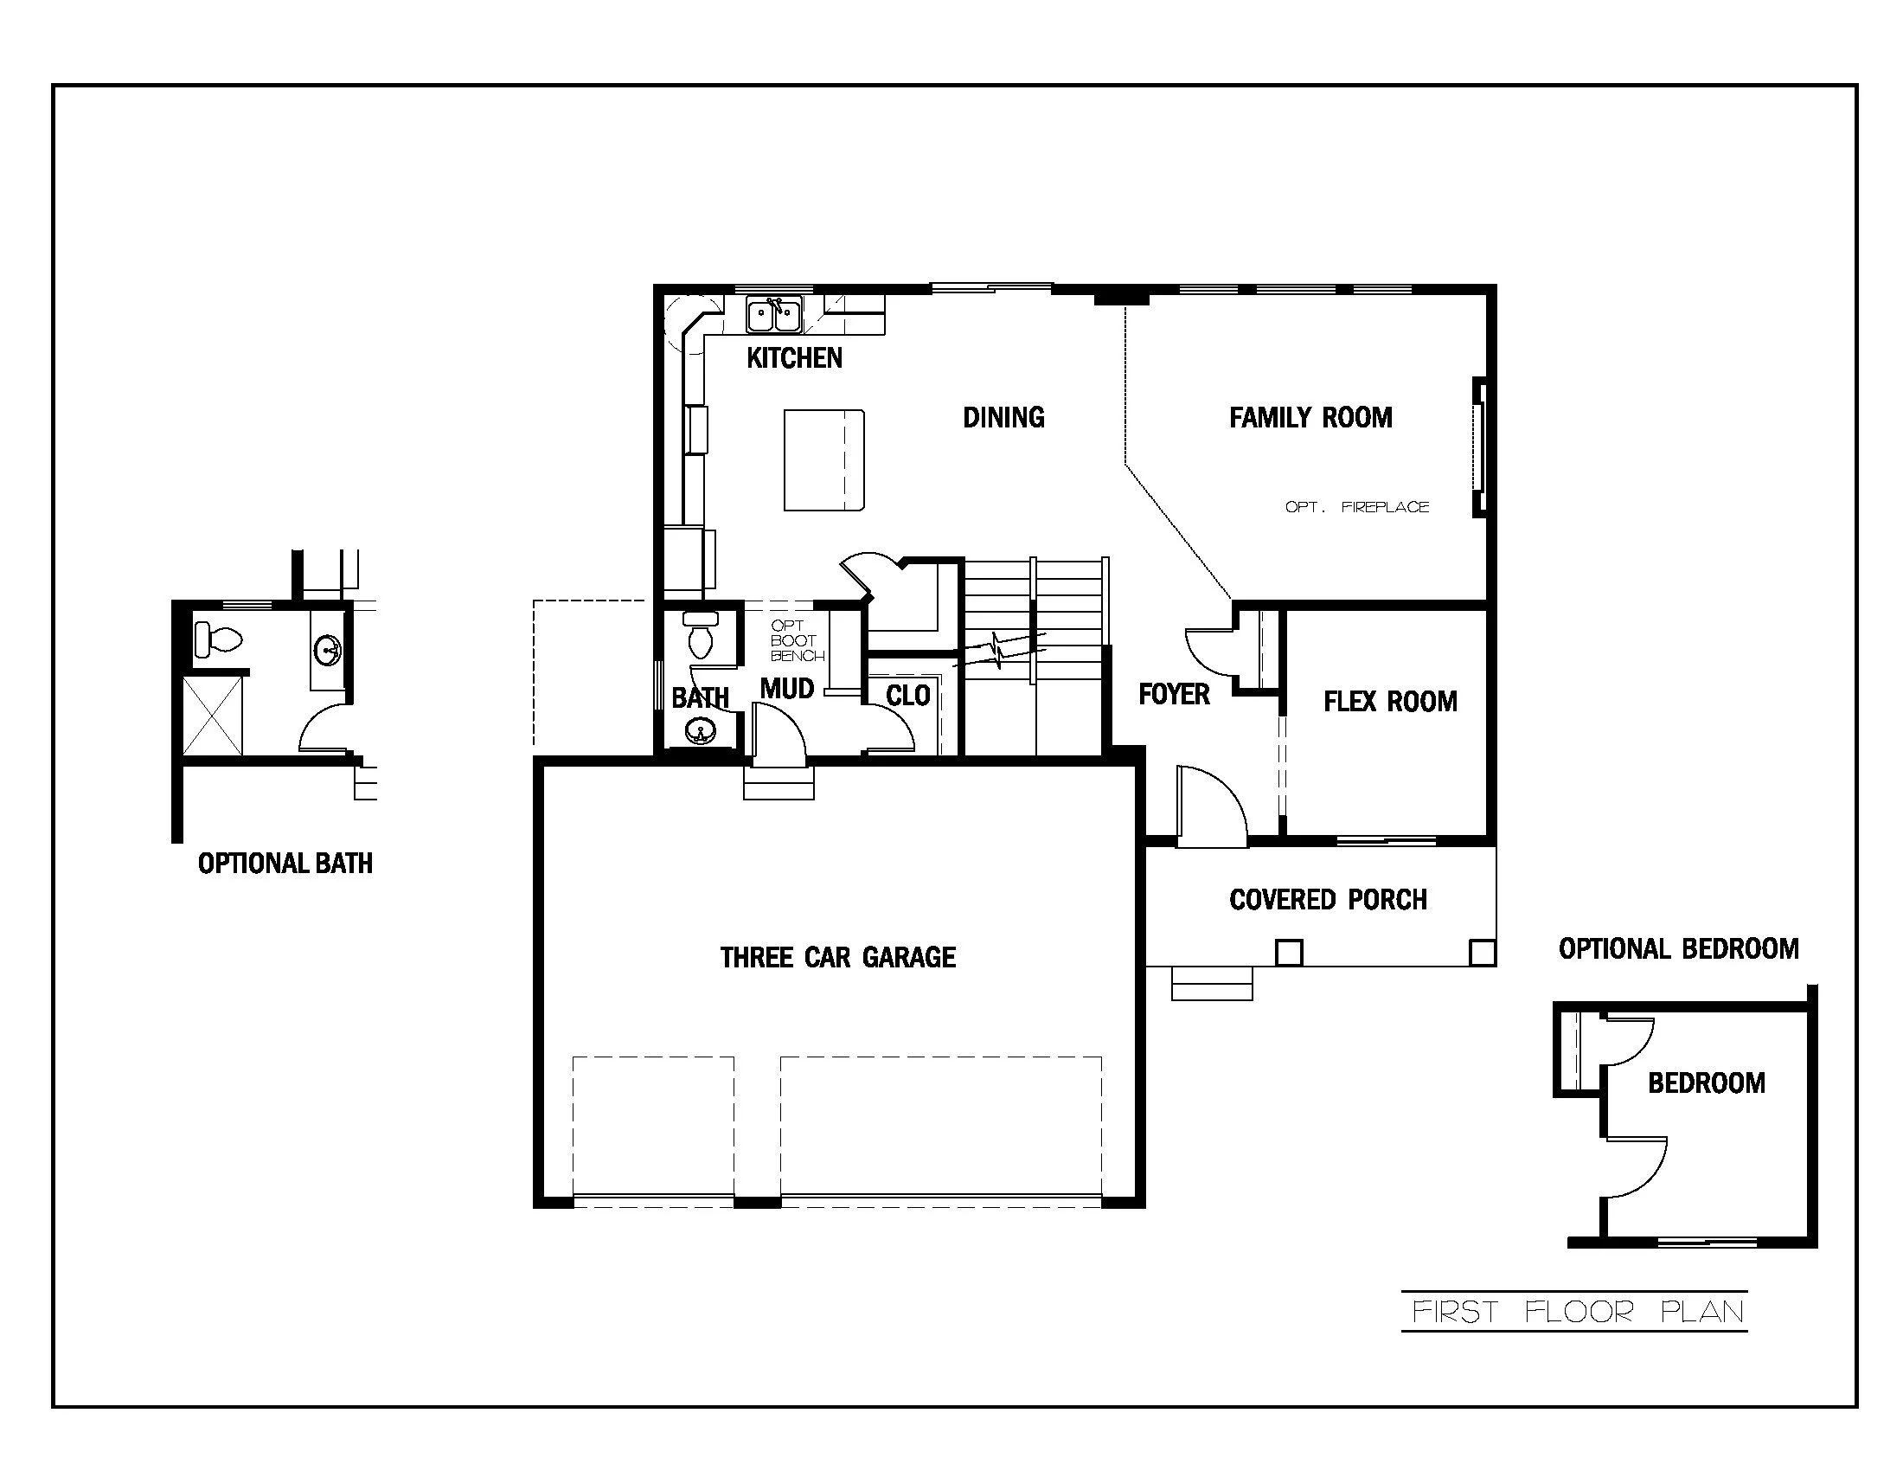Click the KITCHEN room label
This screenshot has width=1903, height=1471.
point(794,358)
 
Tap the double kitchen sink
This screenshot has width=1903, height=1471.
point(774,315)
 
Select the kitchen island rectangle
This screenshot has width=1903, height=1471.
point(823,460)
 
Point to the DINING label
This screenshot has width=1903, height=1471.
point(1003,417)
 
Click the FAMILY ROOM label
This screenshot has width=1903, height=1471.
point(1310,418)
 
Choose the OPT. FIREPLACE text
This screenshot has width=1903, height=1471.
point(1356,507)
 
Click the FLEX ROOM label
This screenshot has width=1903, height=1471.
point(1390,702)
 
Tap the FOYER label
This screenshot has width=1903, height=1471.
point(1174,695)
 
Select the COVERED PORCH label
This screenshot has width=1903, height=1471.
point(1328,899)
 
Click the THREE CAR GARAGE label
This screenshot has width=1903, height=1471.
point(837,958)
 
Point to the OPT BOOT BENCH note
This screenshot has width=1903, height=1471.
point(796,641)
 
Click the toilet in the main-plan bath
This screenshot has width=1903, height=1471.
point(701,636)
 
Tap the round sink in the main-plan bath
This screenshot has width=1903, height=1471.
point(699,730)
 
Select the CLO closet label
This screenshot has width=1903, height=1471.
point(908,696)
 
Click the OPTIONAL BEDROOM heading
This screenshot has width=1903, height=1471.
point(1678,949)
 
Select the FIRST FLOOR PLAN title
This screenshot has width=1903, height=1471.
point(1577,1312)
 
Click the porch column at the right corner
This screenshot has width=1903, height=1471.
point(1481,953)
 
